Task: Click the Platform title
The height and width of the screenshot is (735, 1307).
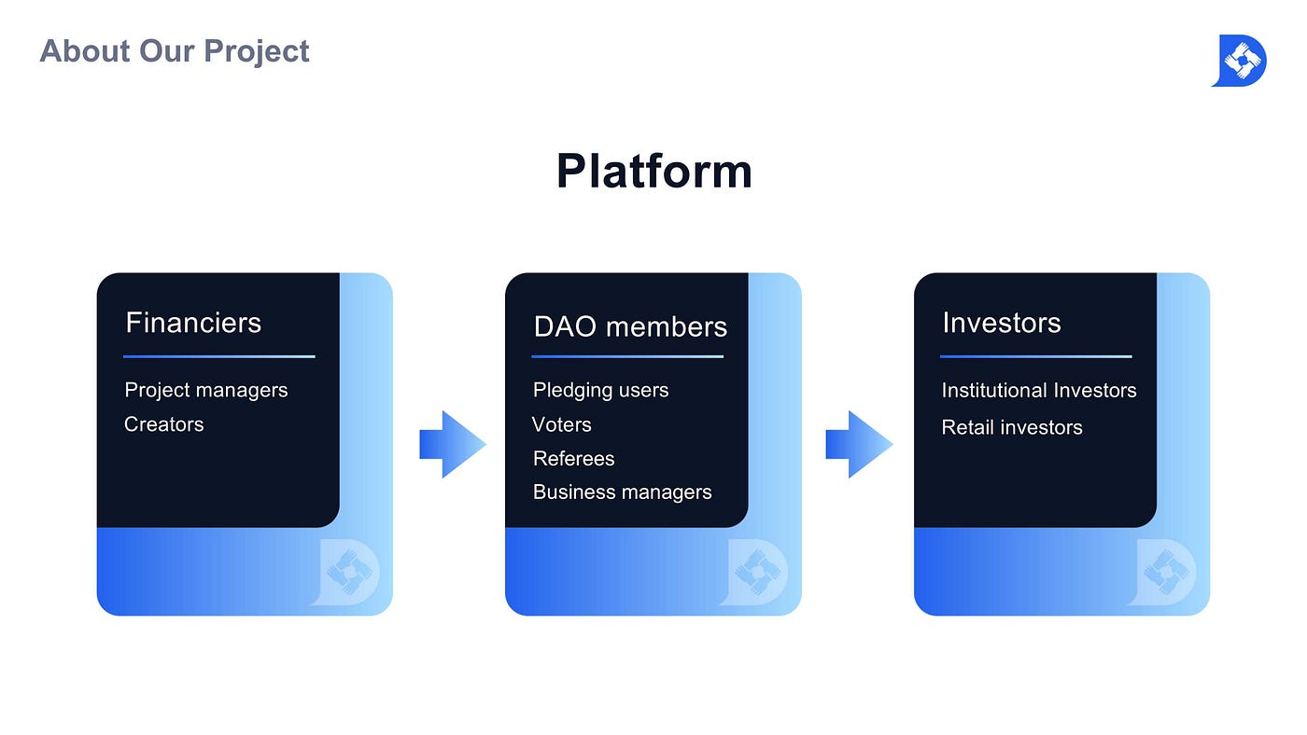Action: pos(654,172)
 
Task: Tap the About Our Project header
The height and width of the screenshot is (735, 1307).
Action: pos(175,51)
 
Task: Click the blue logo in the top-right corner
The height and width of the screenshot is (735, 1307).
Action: pos(1240,61)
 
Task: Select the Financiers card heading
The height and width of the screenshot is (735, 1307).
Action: pos(193,323)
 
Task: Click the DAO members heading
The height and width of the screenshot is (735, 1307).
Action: pos(630,326)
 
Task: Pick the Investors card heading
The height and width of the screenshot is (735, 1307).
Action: pos(1001,323)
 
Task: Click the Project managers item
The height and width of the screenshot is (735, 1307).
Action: pos(206,391)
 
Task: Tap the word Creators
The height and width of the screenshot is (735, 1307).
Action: pos(164,424)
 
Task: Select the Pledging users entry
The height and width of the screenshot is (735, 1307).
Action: pos(600,391)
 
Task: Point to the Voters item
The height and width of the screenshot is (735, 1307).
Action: pos(561,425)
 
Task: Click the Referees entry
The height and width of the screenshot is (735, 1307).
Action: pos(573,459)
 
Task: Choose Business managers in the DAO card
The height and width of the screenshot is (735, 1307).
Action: pos(622,492)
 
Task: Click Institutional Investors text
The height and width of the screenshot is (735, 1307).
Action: pos(1038,391)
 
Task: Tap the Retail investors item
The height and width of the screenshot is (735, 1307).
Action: pos(1012,428)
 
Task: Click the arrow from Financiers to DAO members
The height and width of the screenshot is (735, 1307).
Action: pos(453,445)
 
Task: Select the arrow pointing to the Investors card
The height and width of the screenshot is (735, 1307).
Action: pos(859,445)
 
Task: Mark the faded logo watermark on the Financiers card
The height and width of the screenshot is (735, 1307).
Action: pos(345,573)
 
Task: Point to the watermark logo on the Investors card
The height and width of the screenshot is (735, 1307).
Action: pos(1161,573)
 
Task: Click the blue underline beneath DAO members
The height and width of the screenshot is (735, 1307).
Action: pos(627,356)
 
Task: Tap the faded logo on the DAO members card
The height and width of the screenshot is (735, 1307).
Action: pos(754,573)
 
